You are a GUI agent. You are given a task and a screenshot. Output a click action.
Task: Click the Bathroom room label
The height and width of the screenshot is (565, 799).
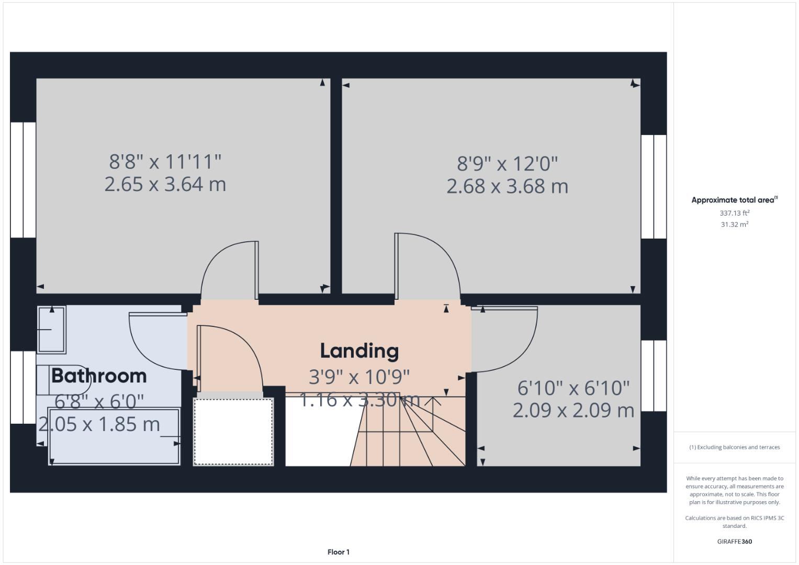coord(99,376)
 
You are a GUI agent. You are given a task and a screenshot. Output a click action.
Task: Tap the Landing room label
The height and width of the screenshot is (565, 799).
coord(359,351)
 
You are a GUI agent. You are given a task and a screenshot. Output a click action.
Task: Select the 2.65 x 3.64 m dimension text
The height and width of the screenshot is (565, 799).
coord(165,184)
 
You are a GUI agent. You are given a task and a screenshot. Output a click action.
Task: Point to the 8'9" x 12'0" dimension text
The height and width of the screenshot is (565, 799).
coord(507,164)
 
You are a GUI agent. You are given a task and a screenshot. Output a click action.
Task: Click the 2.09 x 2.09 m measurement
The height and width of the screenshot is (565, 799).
coord(573,410)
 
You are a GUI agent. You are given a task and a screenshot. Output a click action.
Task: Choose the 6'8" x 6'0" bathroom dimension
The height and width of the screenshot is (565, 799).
coord(99,401)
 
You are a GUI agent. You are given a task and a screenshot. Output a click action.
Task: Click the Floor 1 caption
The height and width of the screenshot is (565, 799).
coord(338,552)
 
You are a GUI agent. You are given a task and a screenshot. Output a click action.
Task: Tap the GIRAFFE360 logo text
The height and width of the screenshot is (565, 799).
coord(734,541)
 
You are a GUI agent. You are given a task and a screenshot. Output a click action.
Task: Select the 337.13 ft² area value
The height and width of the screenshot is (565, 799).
coord(734,213)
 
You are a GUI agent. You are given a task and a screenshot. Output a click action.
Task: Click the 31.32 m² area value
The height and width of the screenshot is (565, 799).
coord(734,224)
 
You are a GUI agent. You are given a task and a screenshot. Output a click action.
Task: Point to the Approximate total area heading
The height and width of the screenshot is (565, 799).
coord(734,200)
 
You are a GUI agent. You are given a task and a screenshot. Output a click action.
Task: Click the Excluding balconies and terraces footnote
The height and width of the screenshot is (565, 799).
coord(734,447)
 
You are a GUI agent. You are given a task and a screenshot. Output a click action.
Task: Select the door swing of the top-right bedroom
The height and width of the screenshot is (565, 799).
coord(426,264)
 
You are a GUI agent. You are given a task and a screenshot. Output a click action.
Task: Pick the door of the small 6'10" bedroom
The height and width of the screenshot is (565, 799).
coord(505,340)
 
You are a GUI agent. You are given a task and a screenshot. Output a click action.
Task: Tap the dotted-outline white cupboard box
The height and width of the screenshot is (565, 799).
coord(233,432)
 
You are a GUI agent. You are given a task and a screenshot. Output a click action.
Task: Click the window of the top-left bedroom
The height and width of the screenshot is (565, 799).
coord(23,180)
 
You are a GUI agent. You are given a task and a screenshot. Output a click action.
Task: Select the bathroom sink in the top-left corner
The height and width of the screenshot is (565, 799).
coord(51,330)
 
